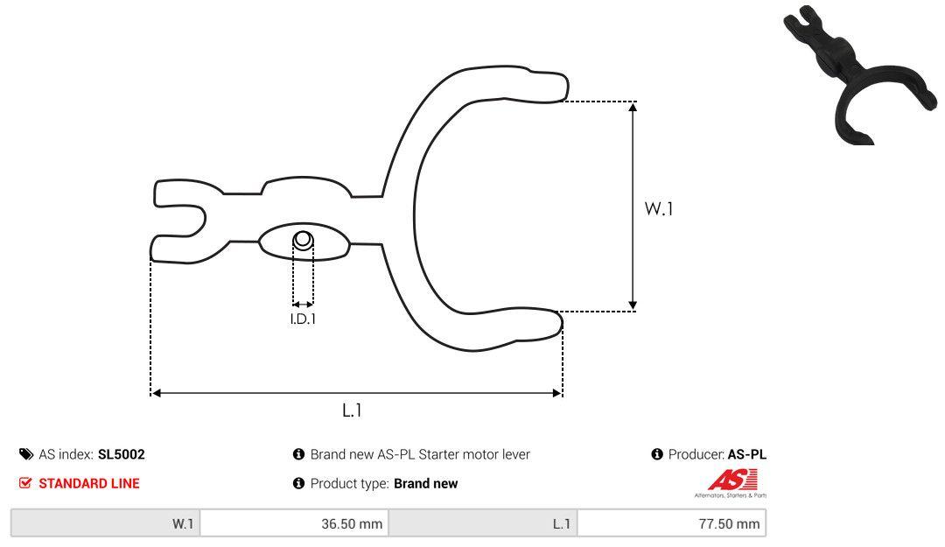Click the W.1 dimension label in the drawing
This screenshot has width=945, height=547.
click(x=659, y=209)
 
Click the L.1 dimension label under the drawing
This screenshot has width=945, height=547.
click(x=352, y=410)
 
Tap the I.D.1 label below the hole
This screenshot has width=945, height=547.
click(x=303, y=319)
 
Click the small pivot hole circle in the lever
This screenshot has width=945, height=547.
click(x=302, y=239)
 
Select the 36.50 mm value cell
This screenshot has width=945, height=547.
click(x=294, y=524)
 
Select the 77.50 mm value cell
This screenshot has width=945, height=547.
click(x=671, y=524)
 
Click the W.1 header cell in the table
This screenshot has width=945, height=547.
click(x=106, y=524)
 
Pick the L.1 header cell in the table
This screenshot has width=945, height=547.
click(x=483, y=524)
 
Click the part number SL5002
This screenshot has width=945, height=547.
click(x=122, y=454)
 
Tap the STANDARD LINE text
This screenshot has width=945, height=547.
click(x=88, y=483)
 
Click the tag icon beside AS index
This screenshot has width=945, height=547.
click(x=26, y=454)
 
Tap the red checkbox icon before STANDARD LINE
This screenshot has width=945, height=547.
click(x=25, y=483)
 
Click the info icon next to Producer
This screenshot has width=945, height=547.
click(x=657, y=454)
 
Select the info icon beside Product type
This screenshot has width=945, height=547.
click(x=298, y=483)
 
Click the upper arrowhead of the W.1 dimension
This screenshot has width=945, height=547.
click(x=633, y=106)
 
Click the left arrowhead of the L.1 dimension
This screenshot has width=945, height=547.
click(x=157, y=393)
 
